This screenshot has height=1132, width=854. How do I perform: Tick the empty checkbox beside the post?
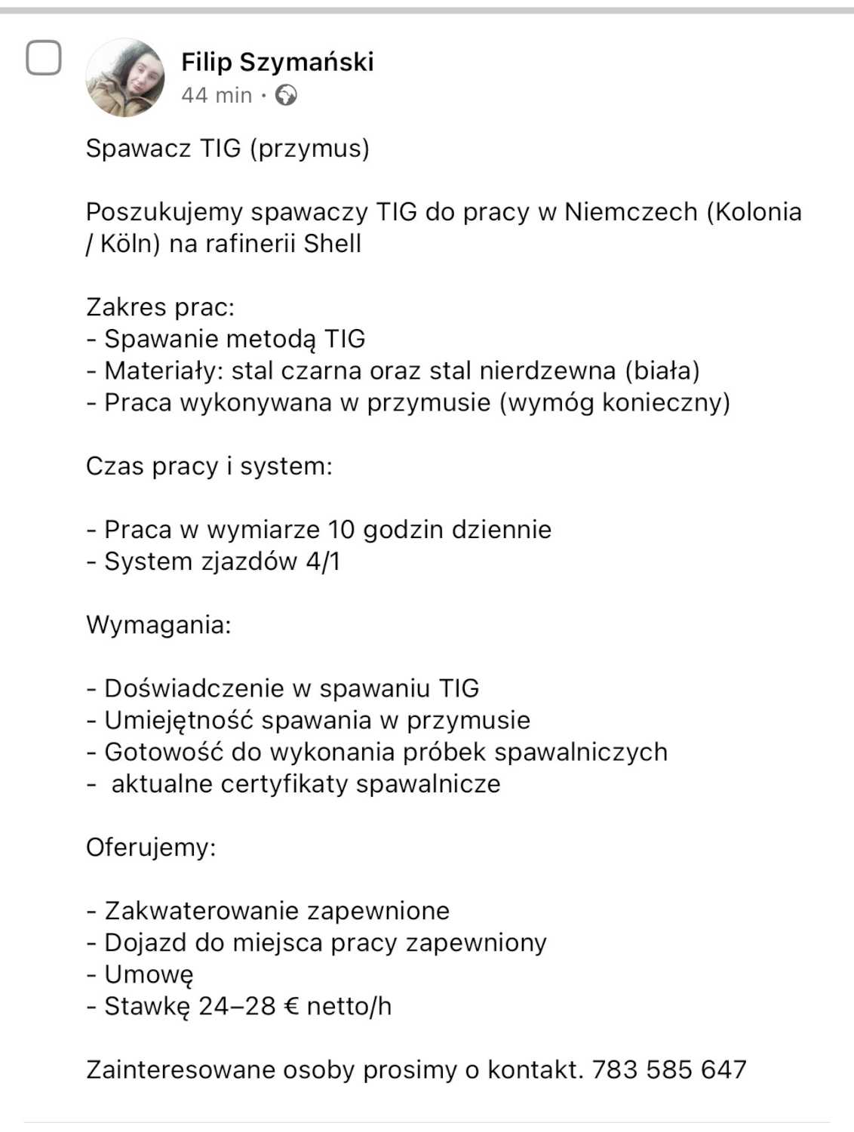44,57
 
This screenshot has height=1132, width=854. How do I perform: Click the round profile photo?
125,78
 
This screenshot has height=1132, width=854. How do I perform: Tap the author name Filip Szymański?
277,62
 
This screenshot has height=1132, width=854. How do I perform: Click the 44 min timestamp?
217,95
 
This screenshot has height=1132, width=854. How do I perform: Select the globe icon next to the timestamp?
286,95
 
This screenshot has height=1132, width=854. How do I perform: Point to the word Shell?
332,244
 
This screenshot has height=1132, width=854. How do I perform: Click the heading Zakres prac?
160,307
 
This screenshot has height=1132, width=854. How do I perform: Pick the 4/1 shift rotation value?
323,561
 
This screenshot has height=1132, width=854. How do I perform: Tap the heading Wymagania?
158,625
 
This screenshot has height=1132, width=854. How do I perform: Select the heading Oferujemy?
151,847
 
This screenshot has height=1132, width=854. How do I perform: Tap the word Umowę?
149,975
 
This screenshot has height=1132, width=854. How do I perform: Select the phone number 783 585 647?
669,1070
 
